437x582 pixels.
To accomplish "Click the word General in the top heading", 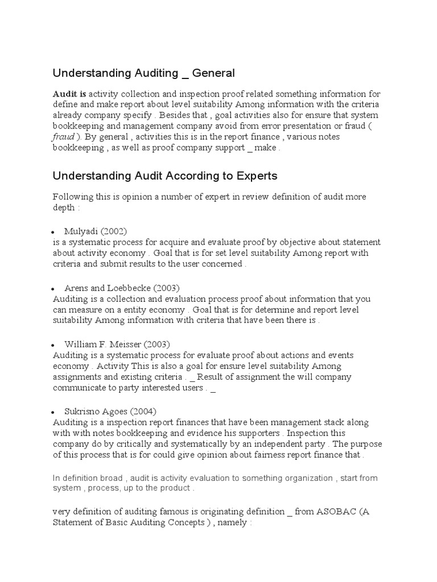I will pos(213,73).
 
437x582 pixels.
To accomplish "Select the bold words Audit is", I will pos(69,94).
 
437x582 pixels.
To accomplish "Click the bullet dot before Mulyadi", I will pos(52,232).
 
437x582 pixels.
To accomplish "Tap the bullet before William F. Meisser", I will pos(52,346).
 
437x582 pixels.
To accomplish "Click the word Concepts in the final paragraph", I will pos(187,522).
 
